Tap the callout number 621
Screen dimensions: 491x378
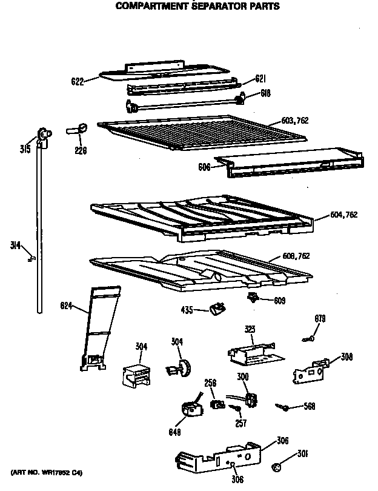coord(260,78)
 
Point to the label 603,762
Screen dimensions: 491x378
coord(295,121)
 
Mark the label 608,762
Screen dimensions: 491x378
coord(296,256)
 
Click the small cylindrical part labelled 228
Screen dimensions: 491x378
coord(79,129)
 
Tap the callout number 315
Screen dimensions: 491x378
coord(25,150)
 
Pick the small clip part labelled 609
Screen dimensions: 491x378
coord(254,297)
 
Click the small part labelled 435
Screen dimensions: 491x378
coord(216,309)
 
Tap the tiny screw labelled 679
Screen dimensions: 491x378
coord(308,339)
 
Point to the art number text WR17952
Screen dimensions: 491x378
coord(46,472)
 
